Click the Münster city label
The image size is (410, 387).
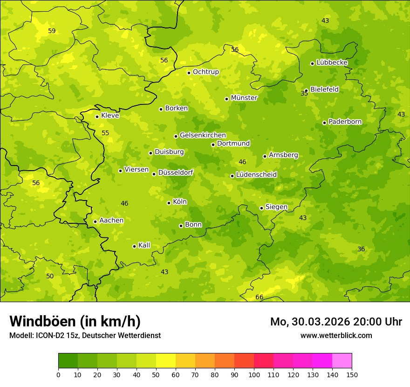(244, 98)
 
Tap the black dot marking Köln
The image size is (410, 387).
(169, 203)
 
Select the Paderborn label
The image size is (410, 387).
(345, 122)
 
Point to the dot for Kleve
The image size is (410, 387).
(97, 117)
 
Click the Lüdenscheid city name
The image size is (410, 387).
(256, 175)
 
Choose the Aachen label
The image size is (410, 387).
(111, 221)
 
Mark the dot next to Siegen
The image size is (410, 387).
(261, 208)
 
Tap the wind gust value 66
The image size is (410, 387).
(260, 297)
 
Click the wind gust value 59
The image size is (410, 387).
(52, 31)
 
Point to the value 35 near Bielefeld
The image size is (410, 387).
(304, 94)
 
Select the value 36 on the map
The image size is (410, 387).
(361, 249)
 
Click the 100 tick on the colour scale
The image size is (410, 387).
(254, 374)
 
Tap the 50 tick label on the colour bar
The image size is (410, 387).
(156, 374)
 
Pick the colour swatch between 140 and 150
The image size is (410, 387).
(342, 361)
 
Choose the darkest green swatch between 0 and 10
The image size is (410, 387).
(68, 361)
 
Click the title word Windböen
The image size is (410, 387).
(43, 321)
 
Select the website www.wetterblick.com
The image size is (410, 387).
(336, 336)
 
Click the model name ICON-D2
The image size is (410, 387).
(49, 336)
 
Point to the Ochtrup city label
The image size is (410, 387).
(205, 72)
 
